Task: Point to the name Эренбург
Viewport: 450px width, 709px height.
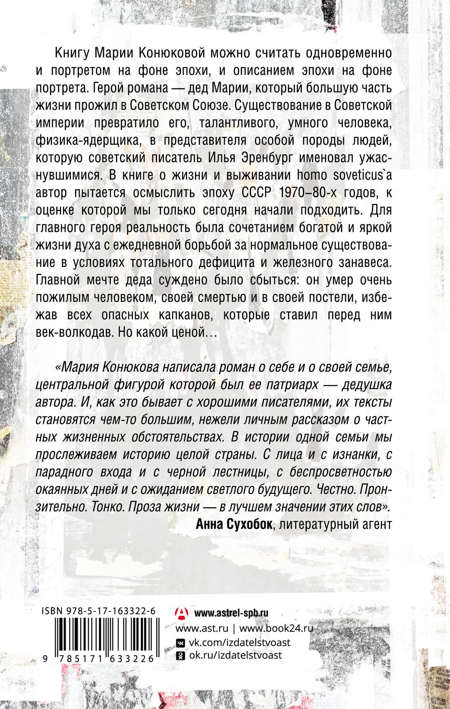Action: pos(261,158)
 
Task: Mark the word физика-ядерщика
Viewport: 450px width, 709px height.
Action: pos(88,140)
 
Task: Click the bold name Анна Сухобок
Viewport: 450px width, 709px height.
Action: pos(234,525)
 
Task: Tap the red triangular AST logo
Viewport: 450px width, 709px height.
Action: pos(182,613)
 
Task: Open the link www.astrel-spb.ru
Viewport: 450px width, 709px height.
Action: pos(231,613)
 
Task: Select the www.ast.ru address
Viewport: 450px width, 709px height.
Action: pos(202,628)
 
